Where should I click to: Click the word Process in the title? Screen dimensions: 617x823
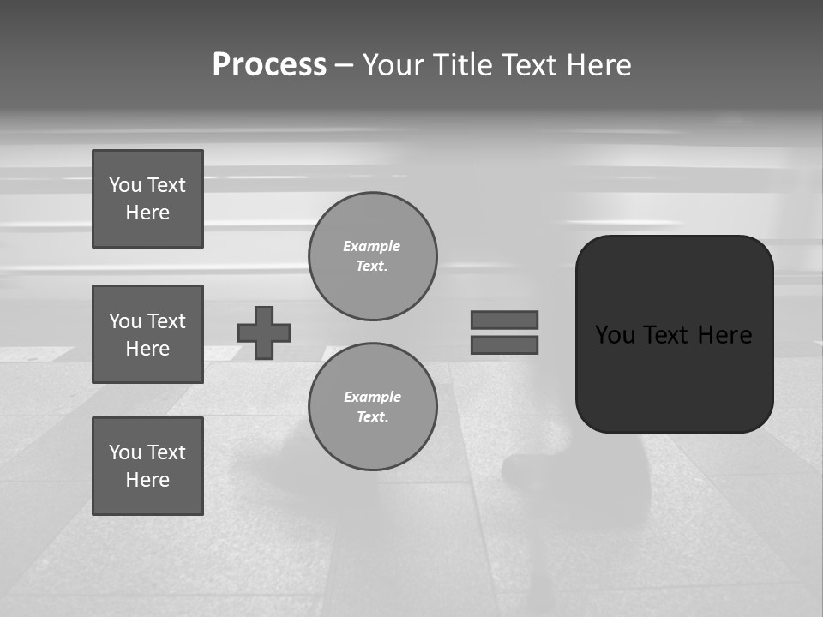pos(269,65)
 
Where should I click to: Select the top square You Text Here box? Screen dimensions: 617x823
pos(147,199)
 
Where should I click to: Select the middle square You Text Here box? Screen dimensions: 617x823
pos(147,334)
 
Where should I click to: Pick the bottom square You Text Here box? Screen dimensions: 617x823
pos(147,466)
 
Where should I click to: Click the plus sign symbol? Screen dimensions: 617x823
pos(264,332)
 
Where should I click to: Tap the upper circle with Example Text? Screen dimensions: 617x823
pos(373,256)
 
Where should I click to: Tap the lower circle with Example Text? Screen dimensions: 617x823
pos(373,407)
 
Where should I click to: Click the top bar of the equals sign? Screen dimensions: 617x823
pos(504,320)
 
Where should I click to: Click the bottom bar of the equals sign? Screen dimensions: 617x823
pos(504,344)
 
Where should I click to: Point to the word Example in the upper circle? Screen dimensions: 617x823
pos(372,246)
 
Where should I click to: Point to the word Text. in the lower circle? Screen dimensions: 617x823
pos(372,417)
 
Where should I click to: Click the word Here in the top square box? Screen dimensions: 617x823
pos(147,213)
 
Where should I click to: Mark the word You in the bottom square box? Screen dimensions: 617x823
pos(125,452)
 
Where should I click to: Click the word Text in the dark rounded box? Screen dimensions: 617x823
pos(669,335)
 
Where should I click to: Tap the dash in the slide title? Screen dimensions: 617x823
pos(344,65)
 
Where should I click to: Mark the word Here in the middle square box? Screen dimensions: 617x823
pos(147,349)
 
